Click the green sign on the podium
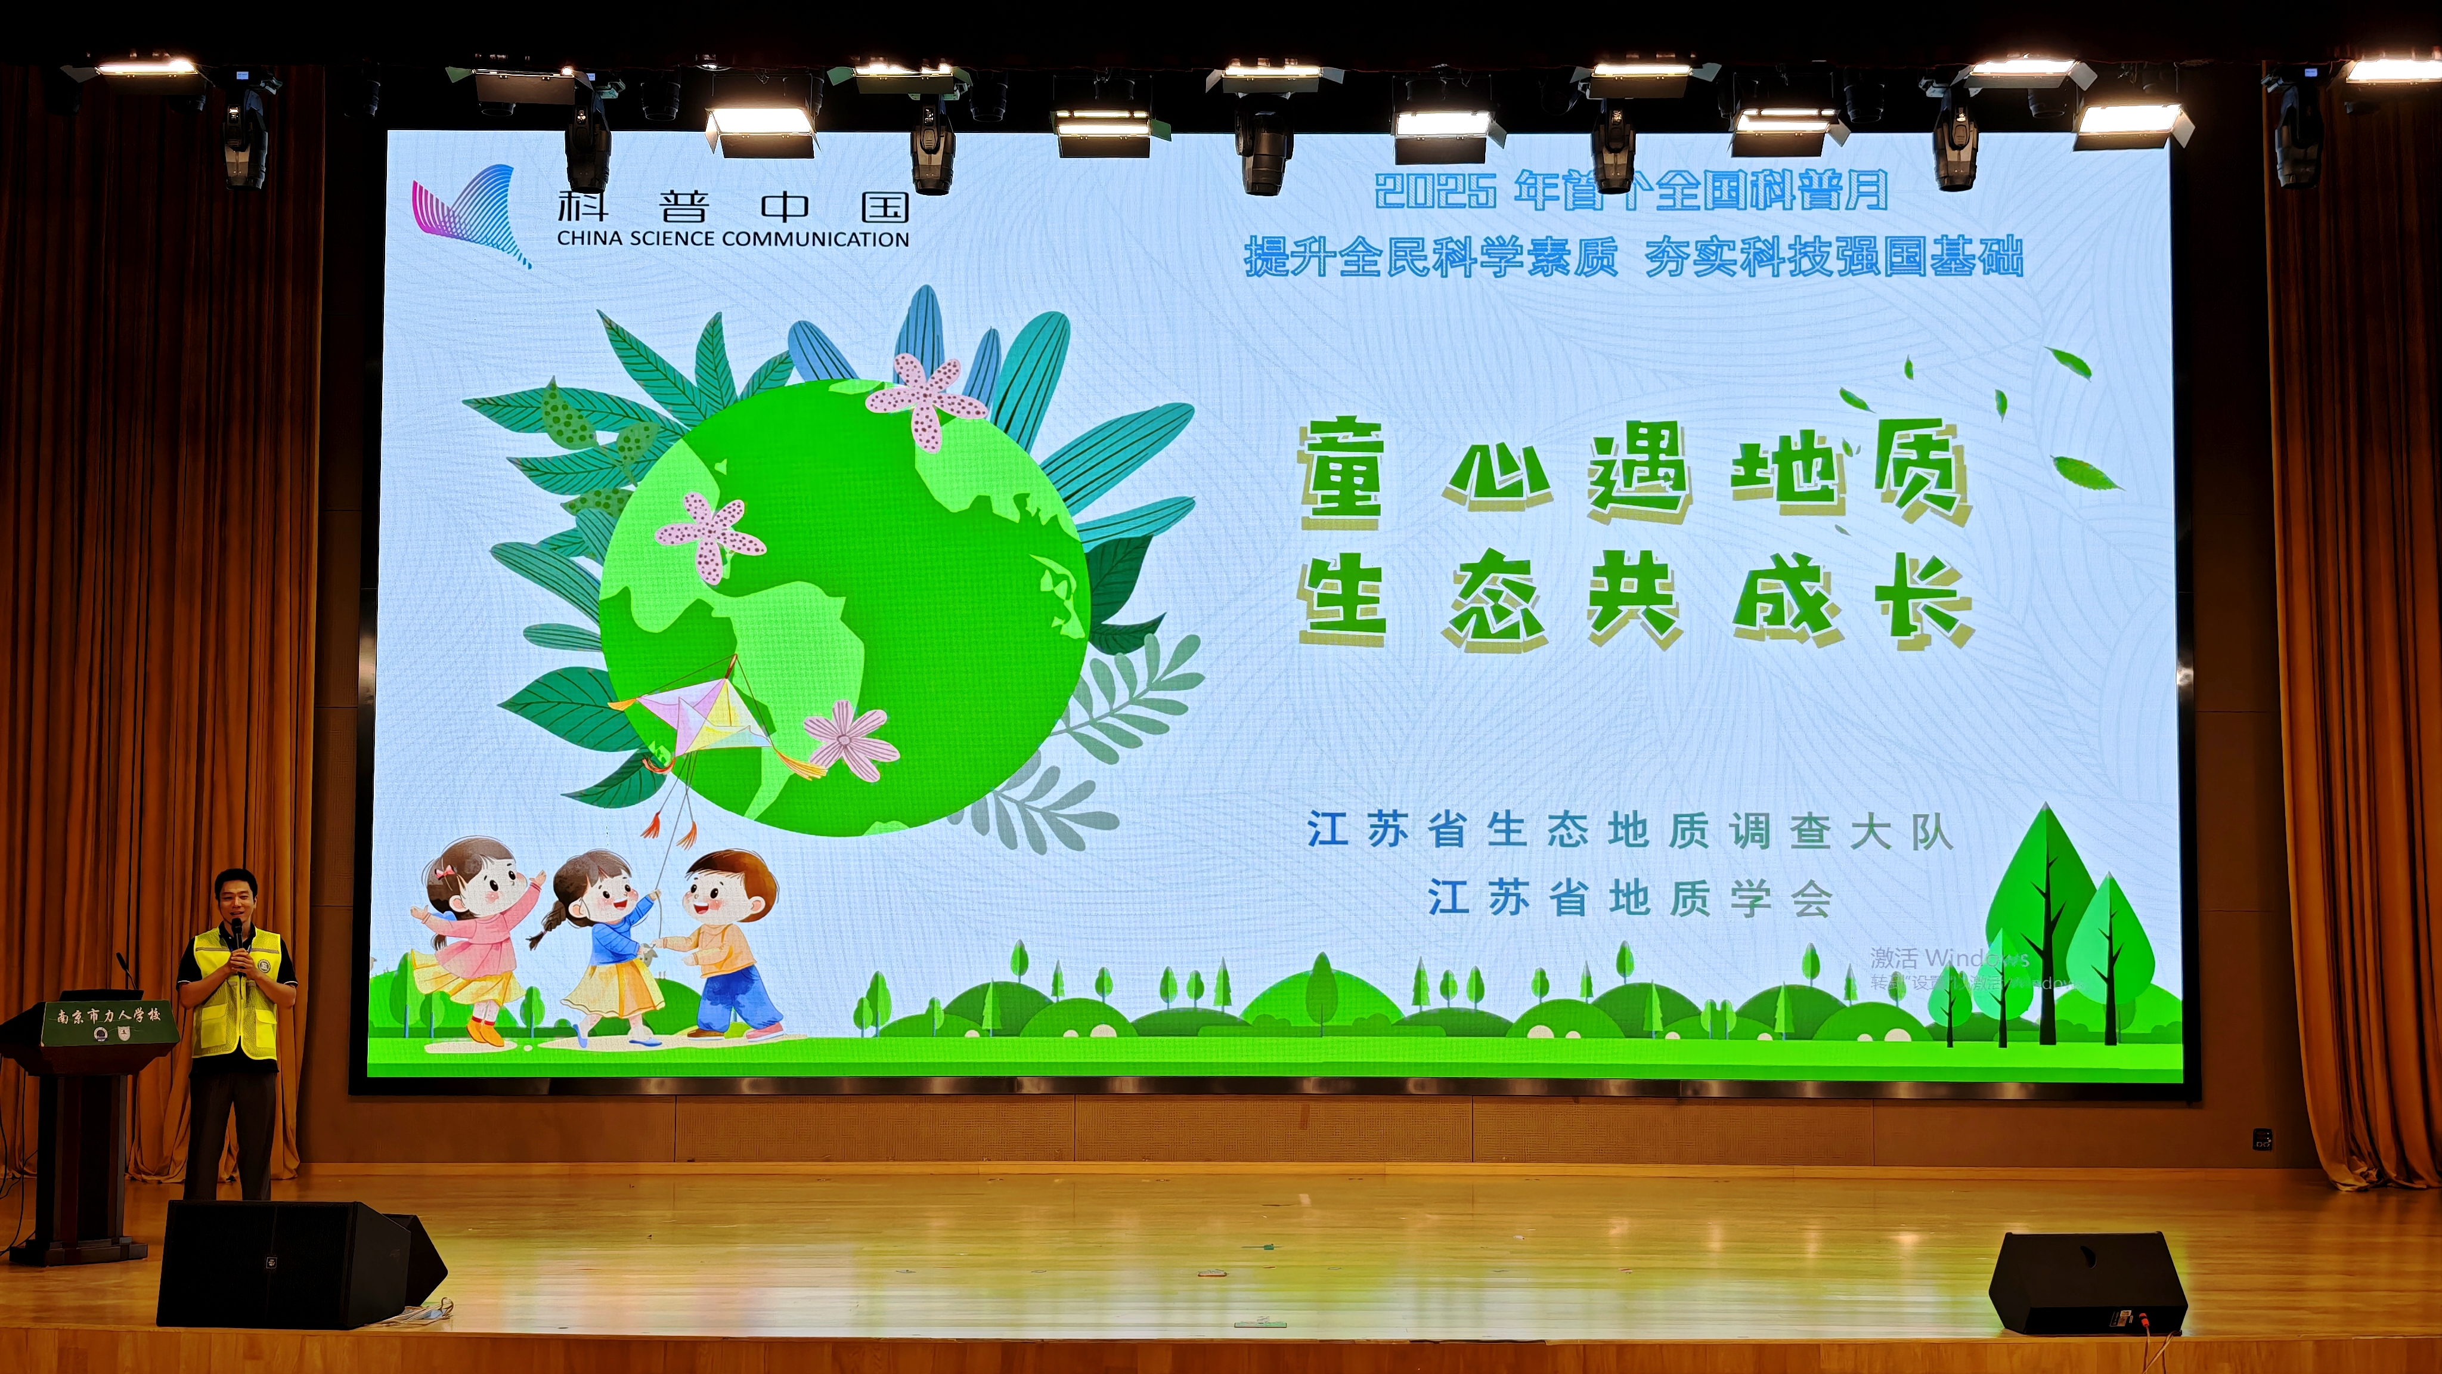107,1021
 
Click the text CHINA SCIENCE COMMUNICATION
732,239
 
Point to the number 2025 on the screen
1434,191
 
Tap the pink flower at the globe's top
926,398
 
